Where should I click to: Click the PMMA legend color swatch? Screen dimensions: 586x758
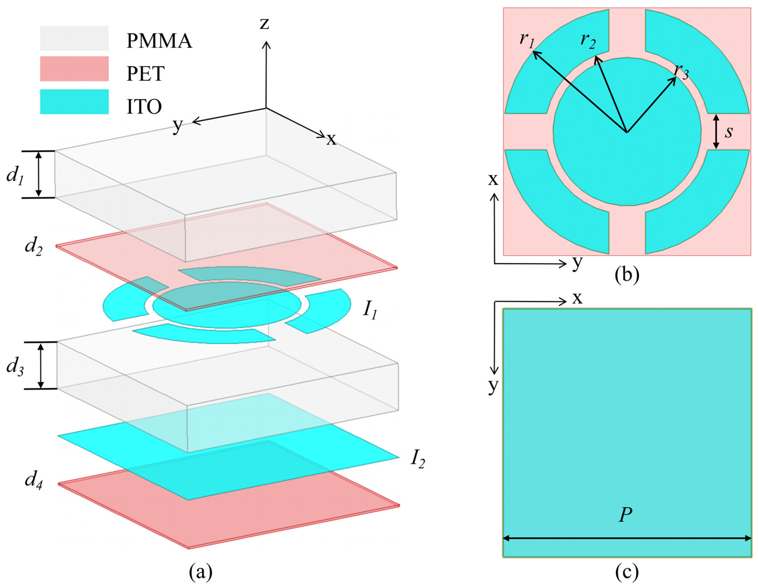[74, 38]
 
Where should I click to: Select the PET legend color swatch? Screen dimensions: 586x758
[74, 69]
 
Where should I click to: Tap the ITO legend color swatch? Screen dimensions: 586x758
[74, 102]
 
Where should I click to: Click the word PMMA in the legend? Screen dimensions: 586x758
[159, 41]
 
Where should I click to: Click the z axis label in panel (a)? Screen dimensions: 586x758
[265, 23]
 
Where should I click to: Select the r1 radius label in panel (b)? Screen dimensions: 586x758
[527, 40]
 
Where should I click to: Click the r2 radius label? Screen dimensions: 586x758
[588, 41]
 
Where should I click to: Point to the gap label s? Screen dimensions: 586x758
[728, 132]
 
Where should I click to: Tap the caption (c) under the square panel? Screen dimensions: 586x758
[627, 572]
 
